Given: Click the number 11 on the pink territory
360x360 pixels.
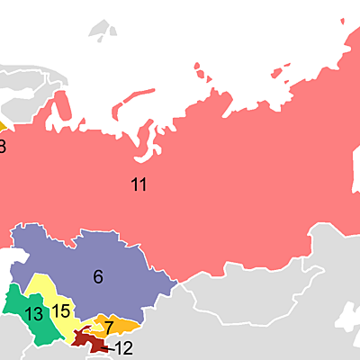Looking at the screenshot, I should point(139,185).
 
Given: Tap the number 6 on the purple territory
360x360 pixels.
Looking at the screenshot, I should point(98,277).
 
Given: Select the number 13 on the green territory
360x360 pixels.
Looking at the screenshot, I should point(34,314).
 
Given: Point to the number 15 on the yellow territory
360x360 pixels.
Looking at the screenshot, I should point(60,312).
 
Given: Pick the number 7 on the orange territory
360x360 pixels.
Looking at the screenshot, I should point(109,327).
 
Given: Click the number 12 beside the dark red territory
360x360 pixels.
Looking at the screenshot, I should point(123,348).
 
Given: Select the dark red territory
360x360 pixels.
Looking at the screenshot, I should point(84,339).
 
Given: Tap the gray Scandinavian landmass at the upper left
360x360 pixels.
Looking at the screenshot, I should point(27,99).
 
